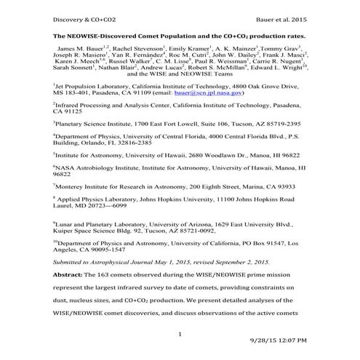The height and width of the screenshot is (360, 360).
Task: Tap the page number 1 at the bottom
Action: [x=180, y=333]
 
